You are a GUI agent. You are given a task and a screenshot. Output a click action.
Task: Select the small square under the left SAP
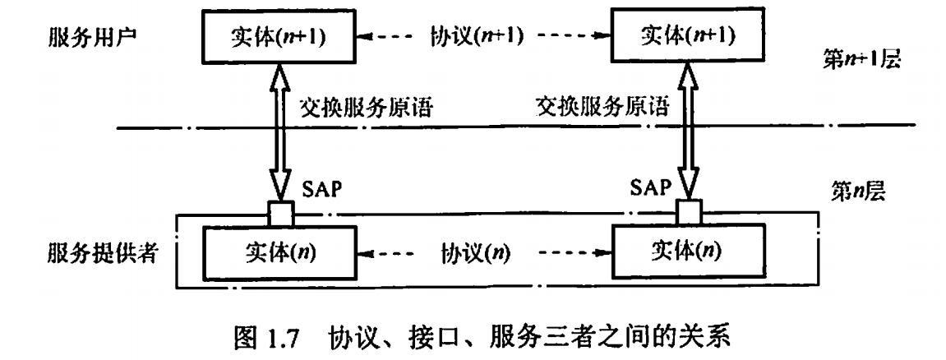click(280, 213)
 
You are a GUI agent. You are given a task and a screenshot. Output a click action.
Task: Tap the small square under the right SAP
click(689, 213)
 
